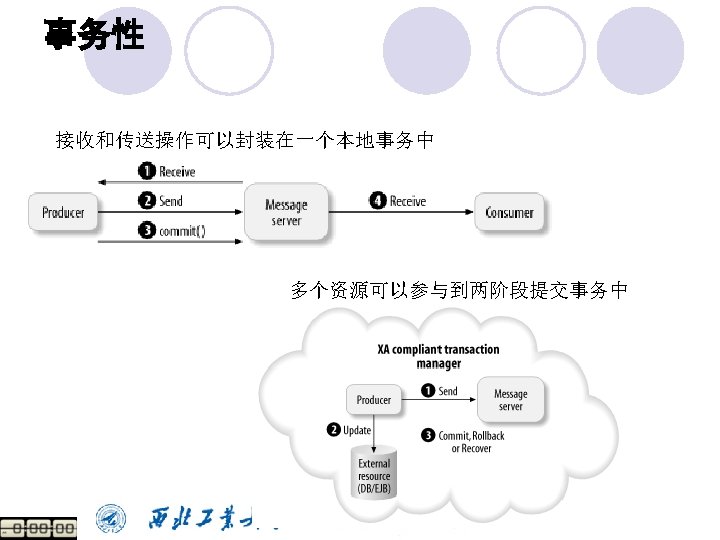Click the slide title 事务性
click(x=94, y=37)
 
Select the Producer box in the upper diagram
click(x=63, y=212)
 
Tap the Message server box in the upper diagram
click(x=286, y=213)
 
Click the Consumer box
click(x=509, y=212)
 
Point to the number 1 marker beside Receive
click(x=147, y=172)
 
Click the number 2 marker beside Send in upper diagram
click(x=147, y=200)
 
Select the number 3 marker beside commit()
click(x=147, y=231)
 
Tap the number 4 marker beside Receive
click(x=378, y=201)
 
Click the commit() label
click(x=182, y=231)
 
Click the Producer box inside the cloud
click(x=373, y=400)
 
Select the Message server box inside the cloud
click(x=510, y=400)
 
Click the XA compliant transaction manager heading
click(x=438, y=356)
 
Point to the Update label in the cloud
click(x=356, y=430)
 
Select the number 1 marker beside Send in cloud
click(x=428, y=391)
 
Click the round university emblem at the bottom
click(x=111, y=518)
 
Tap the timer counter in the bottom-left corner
click(x=38, y=528)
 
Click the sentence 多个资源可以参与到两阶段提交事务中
click(x=459, y=291)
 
